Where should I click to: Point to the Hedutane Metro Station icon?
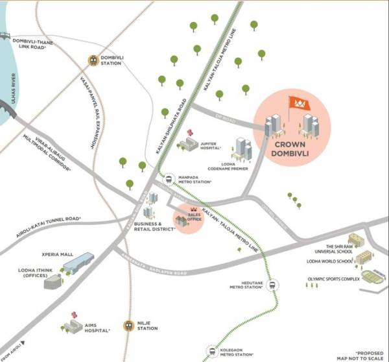click(x=272, y=284)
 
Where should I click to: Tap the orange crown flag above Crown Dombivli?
click(x=298, y=103)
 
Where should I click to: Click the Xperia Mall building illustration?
click(x=78, y=262)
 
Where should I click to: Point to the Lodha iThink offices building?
click(x=53, y=281)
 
